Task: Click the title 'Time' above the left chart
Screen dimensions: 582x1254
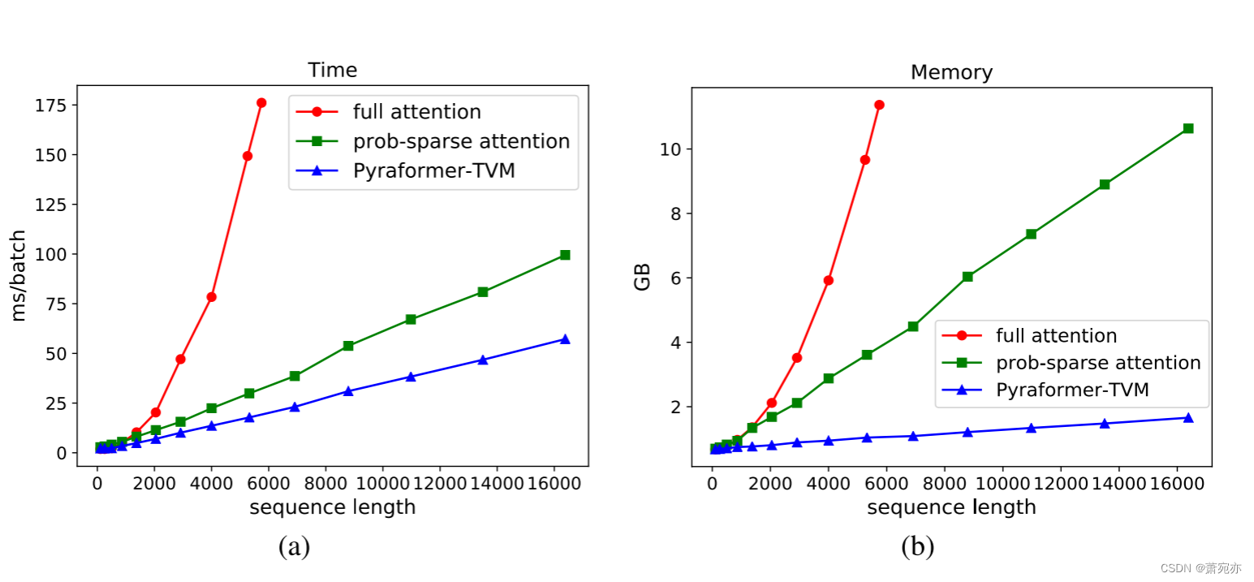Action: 332,71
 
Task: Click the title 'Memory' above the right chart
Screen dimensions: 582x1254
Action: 951,72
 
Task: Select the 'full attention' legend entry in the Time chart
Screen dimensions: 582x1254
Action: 416,111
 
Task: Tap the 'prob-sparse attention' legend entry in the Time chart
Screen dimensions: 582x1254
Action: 461,141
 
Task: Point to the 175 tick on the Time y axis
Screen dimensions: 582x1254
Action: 50,105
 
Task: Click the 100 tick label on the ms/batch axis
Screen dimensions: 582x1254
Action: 50,254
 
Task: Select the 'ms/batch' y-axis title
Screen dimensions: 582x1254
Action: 19,277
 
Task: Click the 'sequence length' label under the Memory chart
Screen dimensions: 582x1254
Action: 951,507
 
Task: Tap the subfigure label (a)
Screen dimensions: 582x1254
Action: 294,546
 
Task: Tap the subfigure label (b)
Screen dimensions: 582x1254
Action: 918,546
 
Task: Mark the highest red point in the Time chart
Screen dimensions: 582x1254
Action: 261,103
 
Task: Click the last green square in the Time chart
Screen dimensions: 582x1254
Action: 565,255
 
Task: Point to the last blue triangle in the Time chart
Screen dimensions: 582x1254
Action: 565,339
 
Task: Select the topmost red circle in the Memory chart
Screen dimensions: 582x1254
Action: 879,105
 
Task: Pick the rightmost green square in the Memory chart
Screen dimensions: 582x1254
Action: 1188,128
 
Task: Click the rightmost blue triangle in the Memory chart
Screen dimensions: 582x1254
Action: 1188,418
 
